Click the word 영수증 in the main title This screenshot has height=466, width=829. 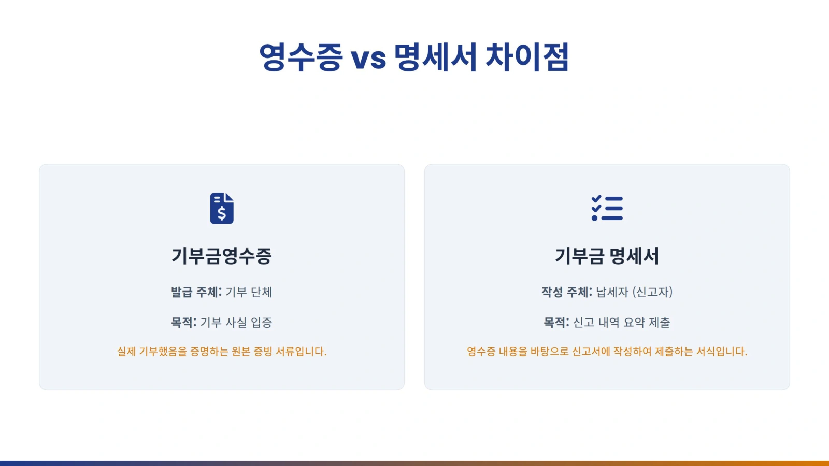(300, 57)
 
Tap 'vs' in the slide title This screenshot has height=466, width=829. (368, 59)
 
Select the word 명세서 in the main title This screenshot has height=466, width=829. (435, 57)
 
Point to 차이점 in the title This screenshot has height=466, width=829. (527, 57)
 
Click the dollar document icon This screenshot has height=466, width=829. (222, 208)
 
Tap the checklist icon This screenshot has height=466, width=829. (607, 208)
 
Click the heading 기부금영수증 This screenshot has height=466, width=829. (222, 256)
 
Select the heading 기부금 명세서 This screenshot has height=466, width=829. (607, 256)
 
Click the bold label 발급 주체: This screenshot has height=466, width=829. (196, 292)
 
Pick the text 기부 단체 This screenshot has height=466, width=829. (249, 292)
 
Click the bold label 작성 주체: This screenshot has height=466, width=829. (567, 292)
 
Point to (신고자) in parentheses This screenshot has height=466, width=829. (652, 292)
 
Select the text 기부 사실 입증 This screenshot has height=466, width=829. (236, 322)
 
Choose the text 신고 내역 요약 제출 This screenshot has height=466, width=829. (621, 322)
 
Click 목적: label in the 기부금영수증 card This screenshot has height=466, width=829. (183, 322)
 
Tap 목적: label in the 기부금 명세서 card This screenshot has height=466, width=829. (556, 322)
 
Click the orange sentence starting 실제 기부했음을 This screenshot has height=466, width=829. (222, 351)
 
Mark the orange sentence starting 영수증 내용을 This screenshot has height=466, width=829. (607, 351)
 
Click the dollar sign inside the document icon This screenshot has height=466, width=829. (222, 213)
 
